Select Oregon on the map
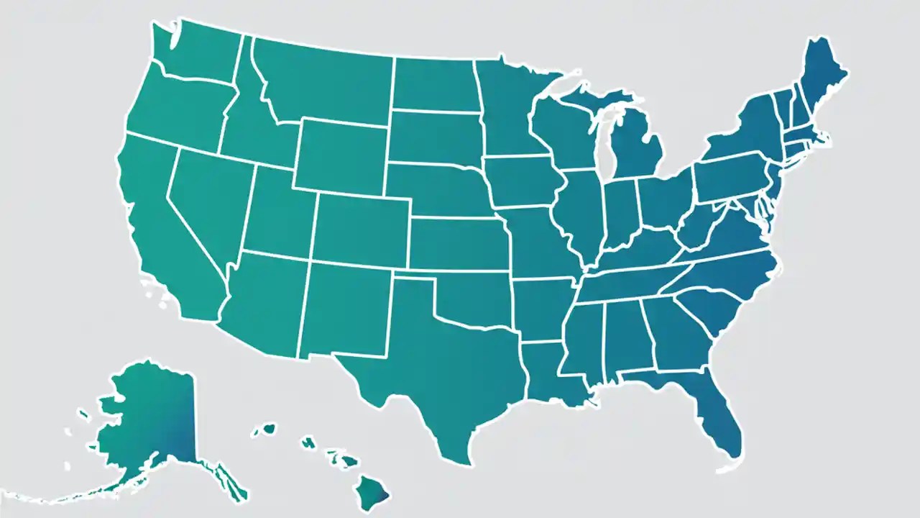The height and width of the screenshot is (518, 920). pos(176,108)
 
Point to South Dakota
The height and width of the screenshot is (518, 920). pos(435,137)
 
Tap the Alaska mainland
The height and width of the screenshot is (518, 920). pos(151,424)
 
